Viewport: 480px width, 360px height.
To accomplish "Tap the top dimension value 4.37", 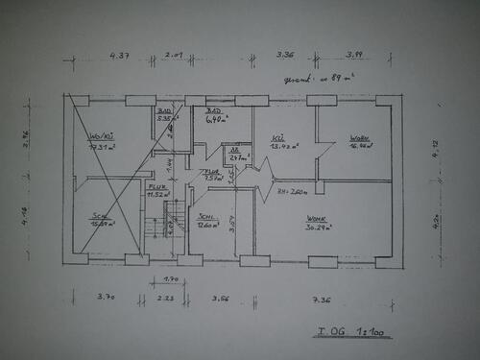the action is pos(119,56).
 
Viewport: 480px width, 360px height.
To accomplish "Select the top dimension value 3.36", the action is pos(284,55).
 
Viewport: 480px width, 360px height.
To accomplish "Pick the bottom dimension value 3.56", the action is pos(221,298).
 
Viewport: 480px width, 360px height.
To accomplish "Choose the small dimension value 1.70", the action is pos(170,279).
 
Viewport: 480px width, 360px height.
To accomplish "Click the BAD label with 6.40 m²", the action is pos(215,116).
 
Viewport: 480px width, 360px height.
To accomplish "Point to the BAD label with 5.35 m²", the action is pos(164,115).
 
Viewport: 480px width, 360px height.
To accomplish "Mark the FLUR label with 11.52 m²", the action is pos(156,190).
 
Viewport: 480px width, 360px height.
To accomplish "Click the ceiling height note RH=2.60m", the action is pos(292,191).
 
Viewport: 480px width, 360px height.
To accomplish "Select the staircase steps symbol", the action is pos(173,216).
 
